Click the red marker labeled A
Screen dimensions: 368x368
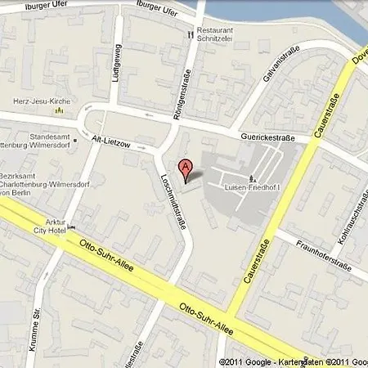pos(187,169)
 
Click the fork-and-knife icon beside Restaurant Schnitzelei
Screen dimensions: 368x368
pos(190,34)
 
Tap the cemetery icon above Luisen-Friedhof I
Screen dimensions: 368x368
pos(251,177)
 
